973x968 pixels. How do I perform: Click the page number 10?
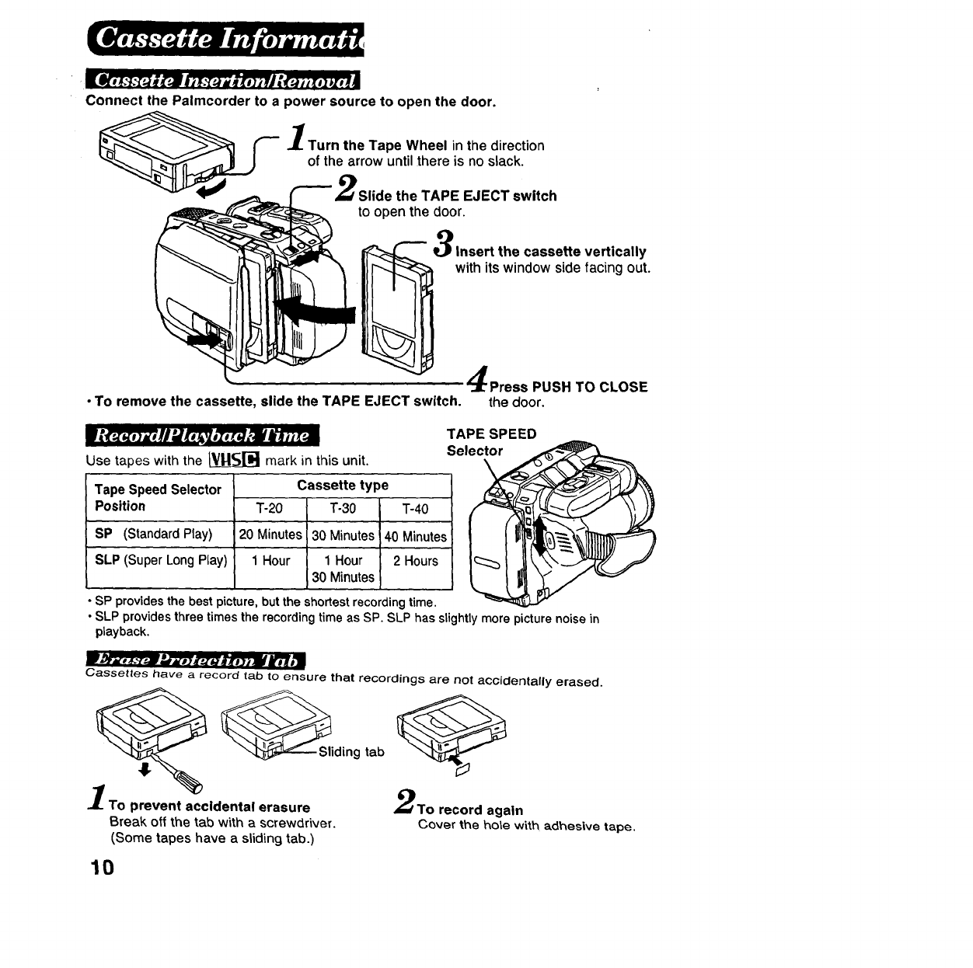tap(102, 866)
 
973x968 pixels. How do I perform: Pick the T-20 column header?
tap(270, 509)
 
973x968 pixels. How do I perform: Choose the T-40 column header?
tap(415, 509)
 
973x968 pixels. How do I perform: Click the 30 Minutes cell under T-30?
tap(343, 535)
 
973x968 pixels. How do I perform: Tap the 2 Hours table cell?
tap(415, 561)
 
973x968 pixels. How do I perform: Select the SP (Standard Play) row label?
tap(153, 534)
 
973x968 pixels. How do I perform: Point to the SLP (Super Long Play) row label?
tap(161, 560)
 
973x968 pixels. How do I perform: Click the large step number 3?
tap(443, 242)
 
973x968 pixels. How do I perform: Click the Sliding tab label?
tap(351, 752)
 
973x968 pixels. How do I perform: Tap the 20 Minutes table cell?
tap(270, 535)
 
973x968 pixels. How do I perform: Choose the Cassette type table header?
tap(343, 486)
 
